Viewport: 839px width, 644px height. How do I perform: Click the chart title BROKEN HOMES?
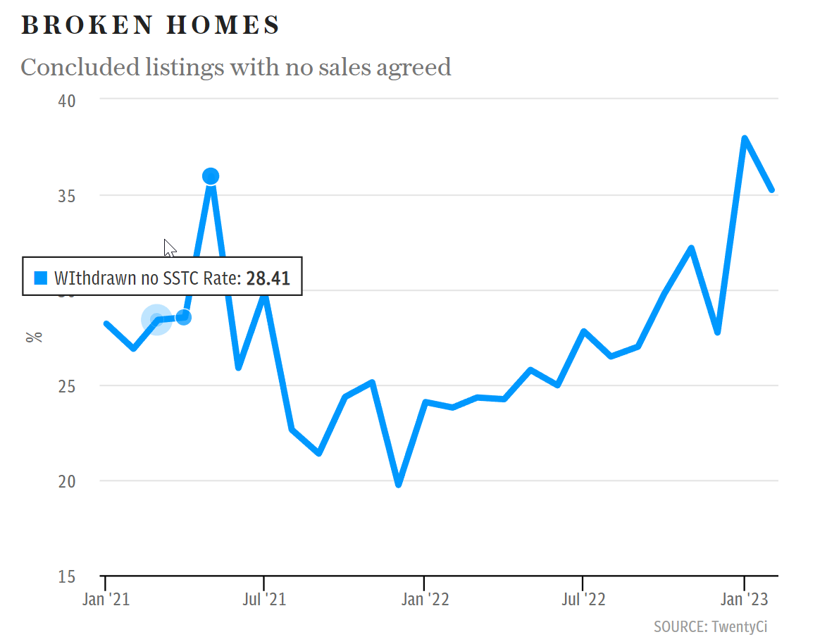coord(150,25)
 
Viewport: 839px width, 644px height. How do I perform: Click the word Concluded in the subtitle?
coord(80,68)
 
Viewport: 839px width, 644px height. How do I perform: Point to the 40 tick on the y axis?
coord(67,101)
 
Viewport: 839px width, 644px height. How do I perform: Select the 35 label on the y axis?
coord(67,196)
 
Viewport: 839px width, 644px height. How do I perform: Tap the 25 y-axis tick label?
coord(67,386)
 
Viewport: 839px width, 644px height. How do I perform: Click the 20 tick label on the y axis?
coord(67,481)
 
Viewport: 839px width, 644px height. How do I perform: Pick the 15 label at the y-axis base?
coord(67,576)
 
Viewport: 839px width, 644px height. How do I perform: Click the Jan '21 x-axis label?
coord(106,598)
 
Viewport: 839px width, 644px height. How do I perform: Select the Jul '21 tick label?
coord(264,598)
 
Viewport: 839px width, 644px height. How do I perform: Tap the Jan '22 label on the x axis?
coord(425,598)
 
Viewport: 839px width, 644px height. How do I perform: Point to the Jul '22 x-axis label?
coord(583,598)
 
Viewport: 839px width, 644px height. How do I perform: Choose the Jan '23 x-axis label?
coord(745,598)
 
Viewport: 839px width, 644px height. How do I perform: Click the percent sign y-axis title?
coord(35,338)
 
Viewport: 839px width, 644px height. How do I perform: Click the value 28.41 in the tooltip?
coord(268,278)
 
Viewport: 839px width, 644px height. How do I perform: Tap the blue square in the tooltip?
coord(41,278)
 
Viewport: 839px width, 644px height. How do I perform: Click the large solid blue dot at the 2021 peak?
coord(211,176)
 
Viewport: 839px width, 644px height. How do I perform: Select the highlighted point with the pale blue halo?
coord(157,320)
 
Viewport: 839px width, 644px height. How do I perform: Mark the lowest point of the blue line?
coord(399,485)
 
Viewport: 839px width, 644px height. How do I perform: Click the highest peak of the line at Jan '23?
coord(745,139)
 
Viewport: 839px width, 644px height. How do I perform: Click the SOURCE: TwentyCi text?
coord(711,627)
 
